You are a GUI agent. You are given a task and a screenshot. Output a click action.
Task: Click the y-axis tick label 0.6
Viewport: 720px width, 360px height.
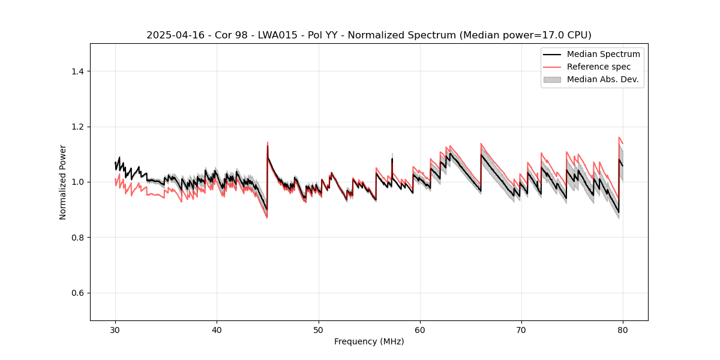coord(77,293)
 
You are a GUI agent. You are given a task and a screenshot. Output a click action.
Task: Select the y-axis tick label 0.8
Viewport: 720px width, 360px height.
coord(77,238)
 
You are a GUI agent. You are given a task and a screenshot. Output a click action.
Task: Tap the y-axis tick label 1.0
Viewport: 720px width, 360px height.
coord(77,182)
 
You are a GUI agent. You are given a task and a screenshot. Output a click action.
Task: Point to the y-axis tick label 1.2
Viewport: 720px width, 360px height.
coord(77,127)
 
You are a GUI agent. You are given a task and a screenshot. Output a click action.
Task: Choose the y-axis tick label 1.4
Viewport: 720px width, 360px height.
coord(77,71)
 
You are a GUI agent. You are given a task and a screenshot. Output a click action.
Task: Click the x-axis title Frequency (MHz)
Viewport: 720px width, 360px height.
coord(369,341)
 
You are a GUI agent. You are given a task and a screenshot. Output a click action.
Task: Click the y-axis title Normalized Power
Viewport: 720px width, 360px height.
coord(63,182)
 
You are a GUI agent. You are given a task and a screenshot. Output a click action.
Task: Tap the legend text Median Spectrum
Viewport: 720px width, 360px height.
coord(603,54)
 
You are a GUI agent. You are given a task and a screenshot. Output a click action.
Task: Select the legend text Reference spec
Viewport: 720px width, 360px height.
coord(599,67)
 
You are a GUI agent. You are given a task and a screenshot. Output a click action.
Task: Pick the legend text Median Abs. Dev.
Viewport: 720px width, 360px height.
coord(603,79)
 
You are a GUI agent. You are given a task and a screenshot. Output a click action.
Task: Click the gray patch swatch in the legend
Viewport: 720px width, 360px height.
coord(552,79)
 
